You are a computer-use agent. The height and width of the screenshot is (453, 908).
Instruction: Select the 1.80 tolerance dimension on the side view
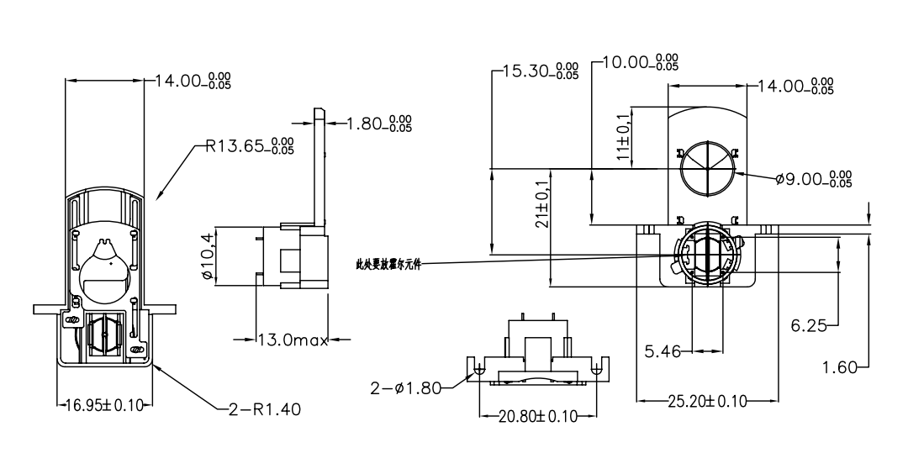[x=380, y=124]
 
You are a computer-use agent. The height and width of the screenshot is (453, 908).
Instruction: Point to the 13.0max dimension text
[x=292, y=340]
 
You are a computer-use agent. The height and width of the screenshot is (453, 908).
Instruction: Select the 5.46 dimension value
[x=663, y=351]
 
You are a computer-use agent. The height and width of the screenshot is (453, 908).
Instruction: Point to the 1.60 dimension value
[x=842, y=366]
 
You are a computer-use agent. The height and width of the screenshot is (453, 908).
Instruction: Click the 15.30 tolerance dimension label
[x=539, y=71]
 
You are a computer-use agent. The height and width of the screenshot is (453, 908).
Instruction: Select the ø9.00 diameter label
[x=813, y=178]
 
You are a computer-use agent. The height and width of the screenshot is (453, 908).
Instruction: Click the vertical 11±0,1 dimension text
[x=623, y=137]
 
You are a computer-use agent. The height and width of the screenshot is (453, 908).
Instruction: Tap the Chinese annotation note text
[x=389, y=264]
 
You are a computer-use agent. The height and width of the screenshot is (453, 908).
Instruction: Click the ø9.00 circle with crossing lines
[x=708, y=165]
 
